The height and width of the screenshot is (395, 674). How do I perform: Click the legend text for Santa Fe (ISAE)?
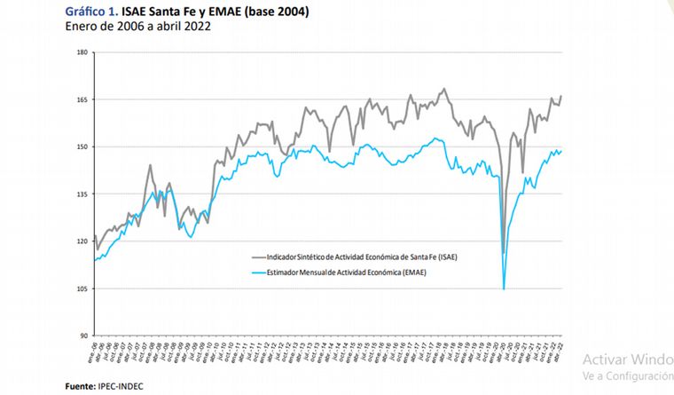tap(355, 257)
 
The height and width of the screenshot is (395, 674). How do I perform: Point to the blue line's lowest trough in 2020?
tap(504, 288)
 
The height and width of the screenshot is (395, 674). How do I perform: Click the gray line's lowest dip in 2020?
tap(504, 253)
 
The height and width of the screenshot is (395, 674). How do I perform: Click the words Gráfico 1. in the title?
tap(88, 12)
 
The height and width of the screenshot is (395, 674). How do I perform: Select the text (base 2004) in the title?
tap(265, 12)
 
